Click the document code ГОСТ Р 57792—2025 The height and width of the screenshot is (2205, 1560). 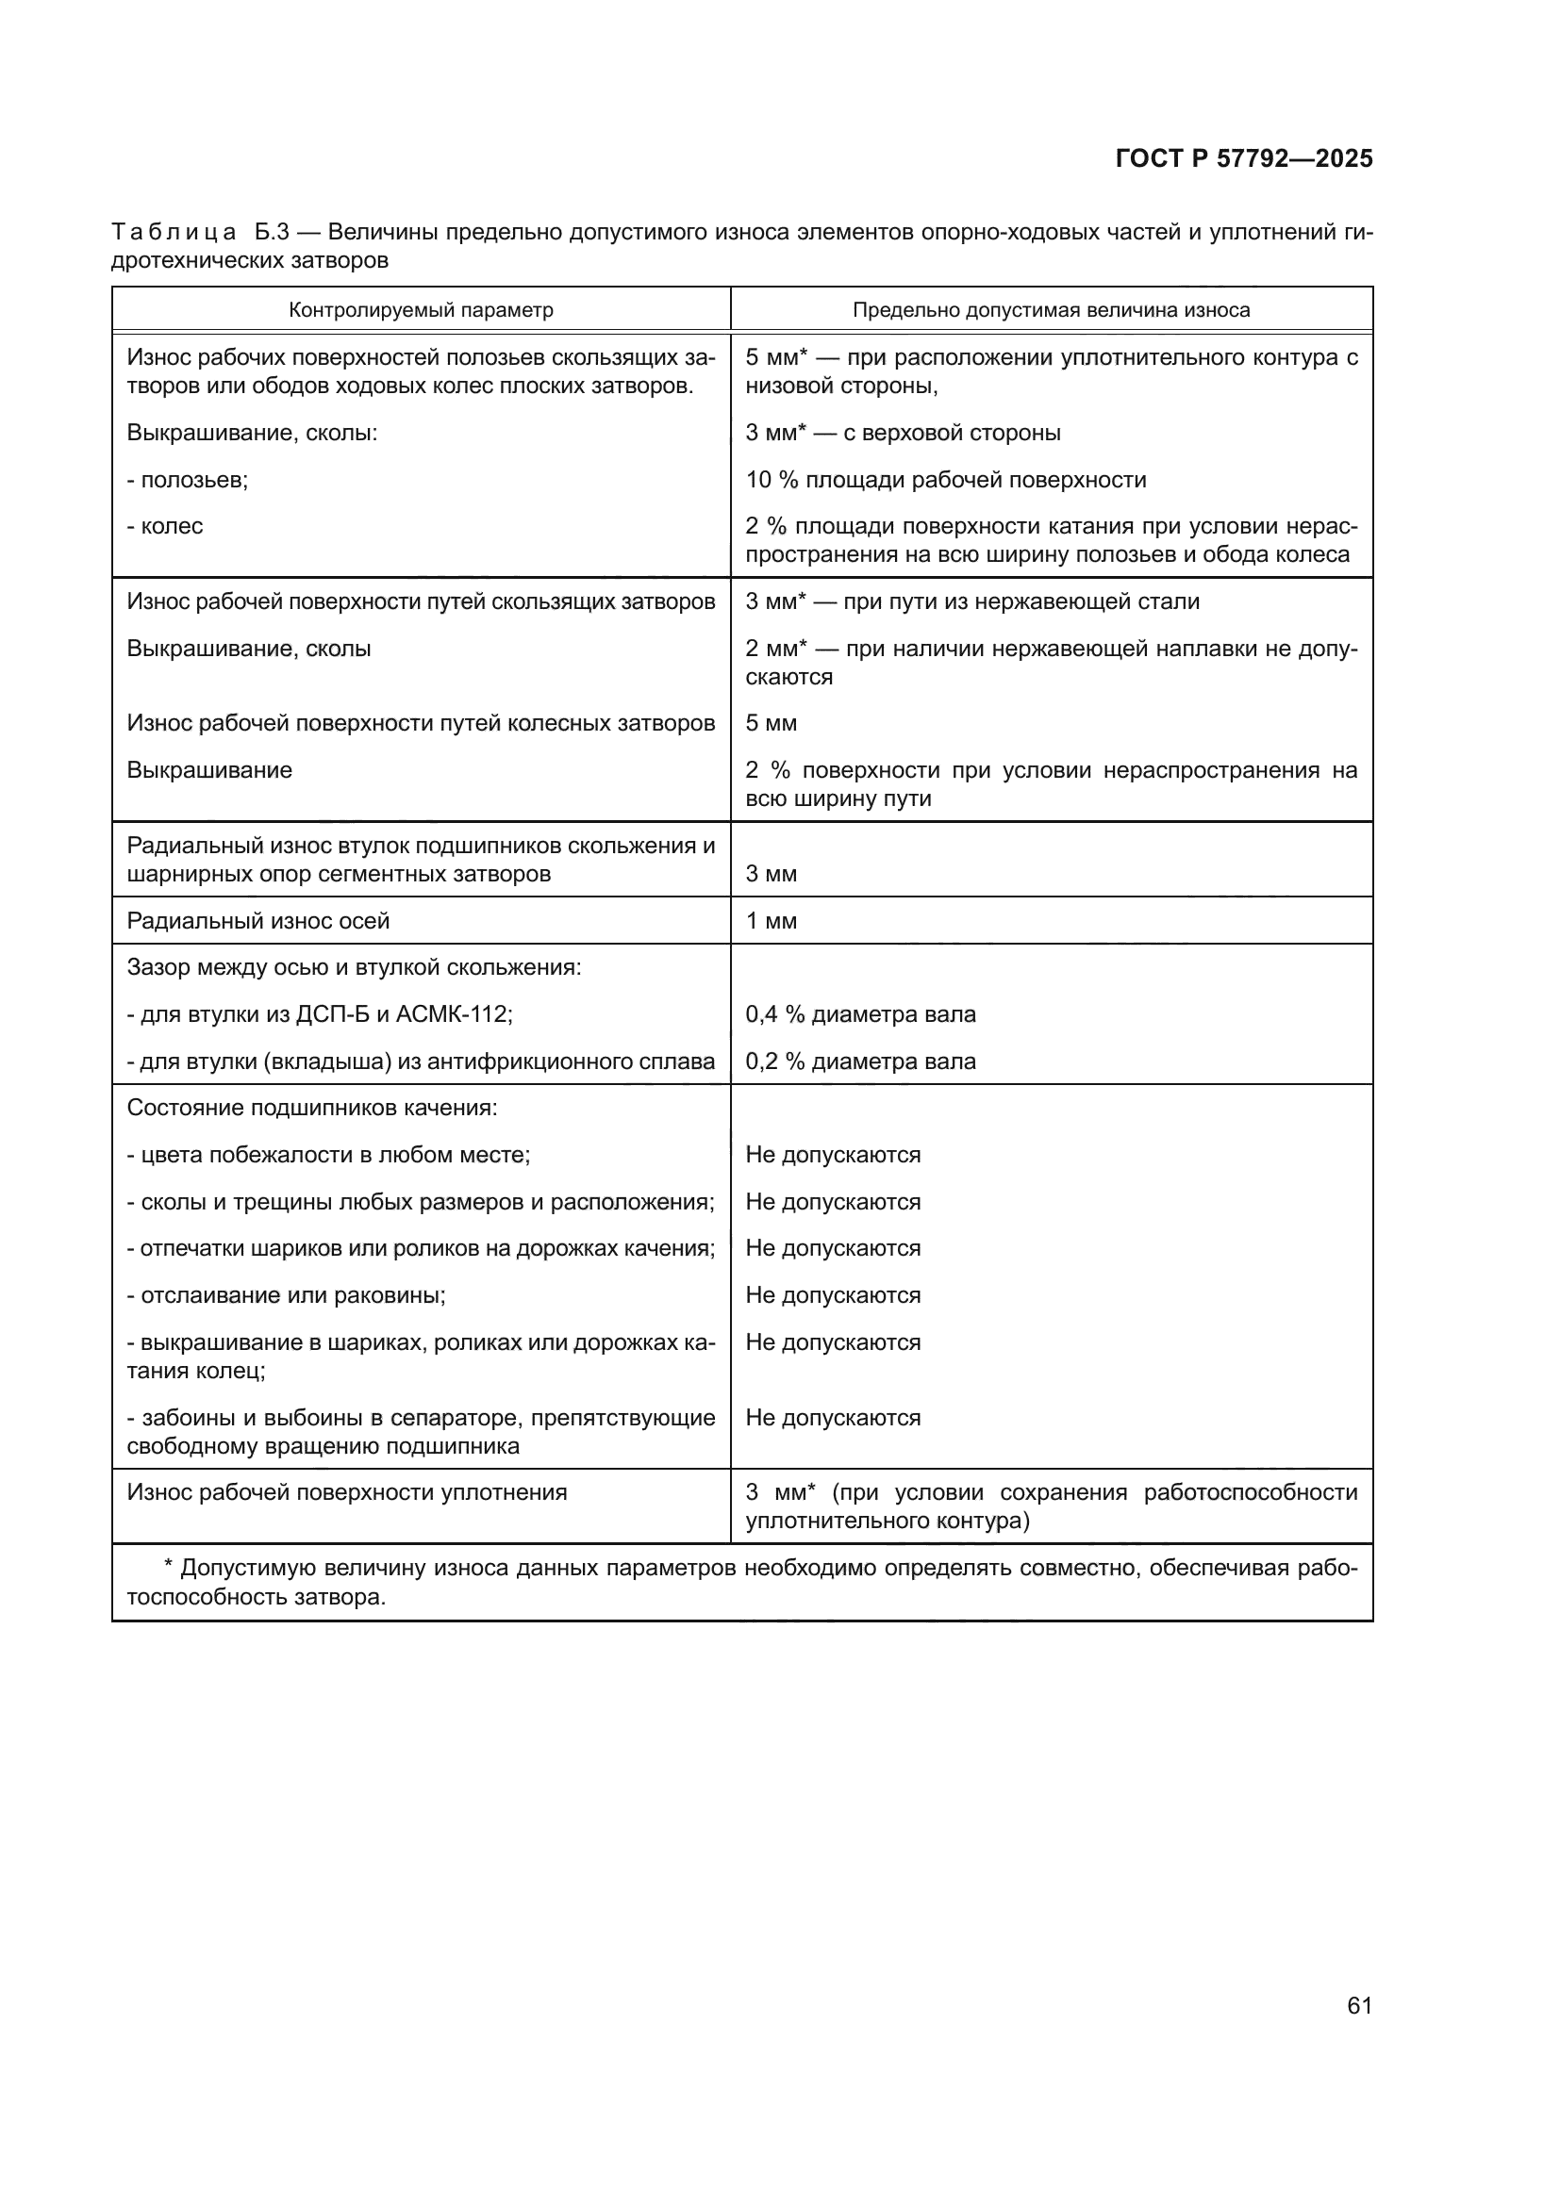1243,158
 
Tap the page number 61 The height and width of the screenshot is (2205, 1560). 1359,2005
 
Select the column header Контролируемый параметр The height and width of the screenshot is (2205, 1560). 421,310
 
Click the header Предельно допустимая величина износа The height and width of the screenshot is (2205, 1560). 1051,310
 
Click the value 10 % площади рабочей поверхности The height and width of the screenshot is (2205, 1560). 945,479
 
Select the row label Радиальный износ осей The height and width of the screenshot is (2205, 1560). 258,921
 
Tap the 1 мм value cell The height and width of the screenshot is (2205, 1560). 772,921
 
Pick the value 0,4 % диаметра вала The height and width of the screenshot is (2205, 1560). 860,1014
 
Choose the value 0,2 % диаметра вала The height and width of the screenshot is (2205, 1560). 860,1061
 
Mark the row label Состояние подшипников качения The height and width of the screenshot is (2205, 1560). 312,1109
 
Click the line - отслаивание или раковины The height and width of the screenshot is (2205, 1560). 287,1295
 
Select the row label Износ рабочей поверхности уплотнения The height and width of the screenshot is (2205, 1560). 347,1492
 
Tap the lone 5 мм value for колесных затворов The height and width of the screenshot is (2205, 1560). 772,723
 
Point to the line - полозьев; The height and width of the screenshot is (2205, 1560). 188,479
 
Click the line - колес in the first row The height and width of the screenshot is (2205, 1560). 165,526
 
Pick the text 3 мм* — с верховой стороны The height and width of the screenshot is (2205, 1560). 903,433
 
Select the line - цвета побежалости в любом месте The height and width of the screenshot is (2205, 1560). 328,1155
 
